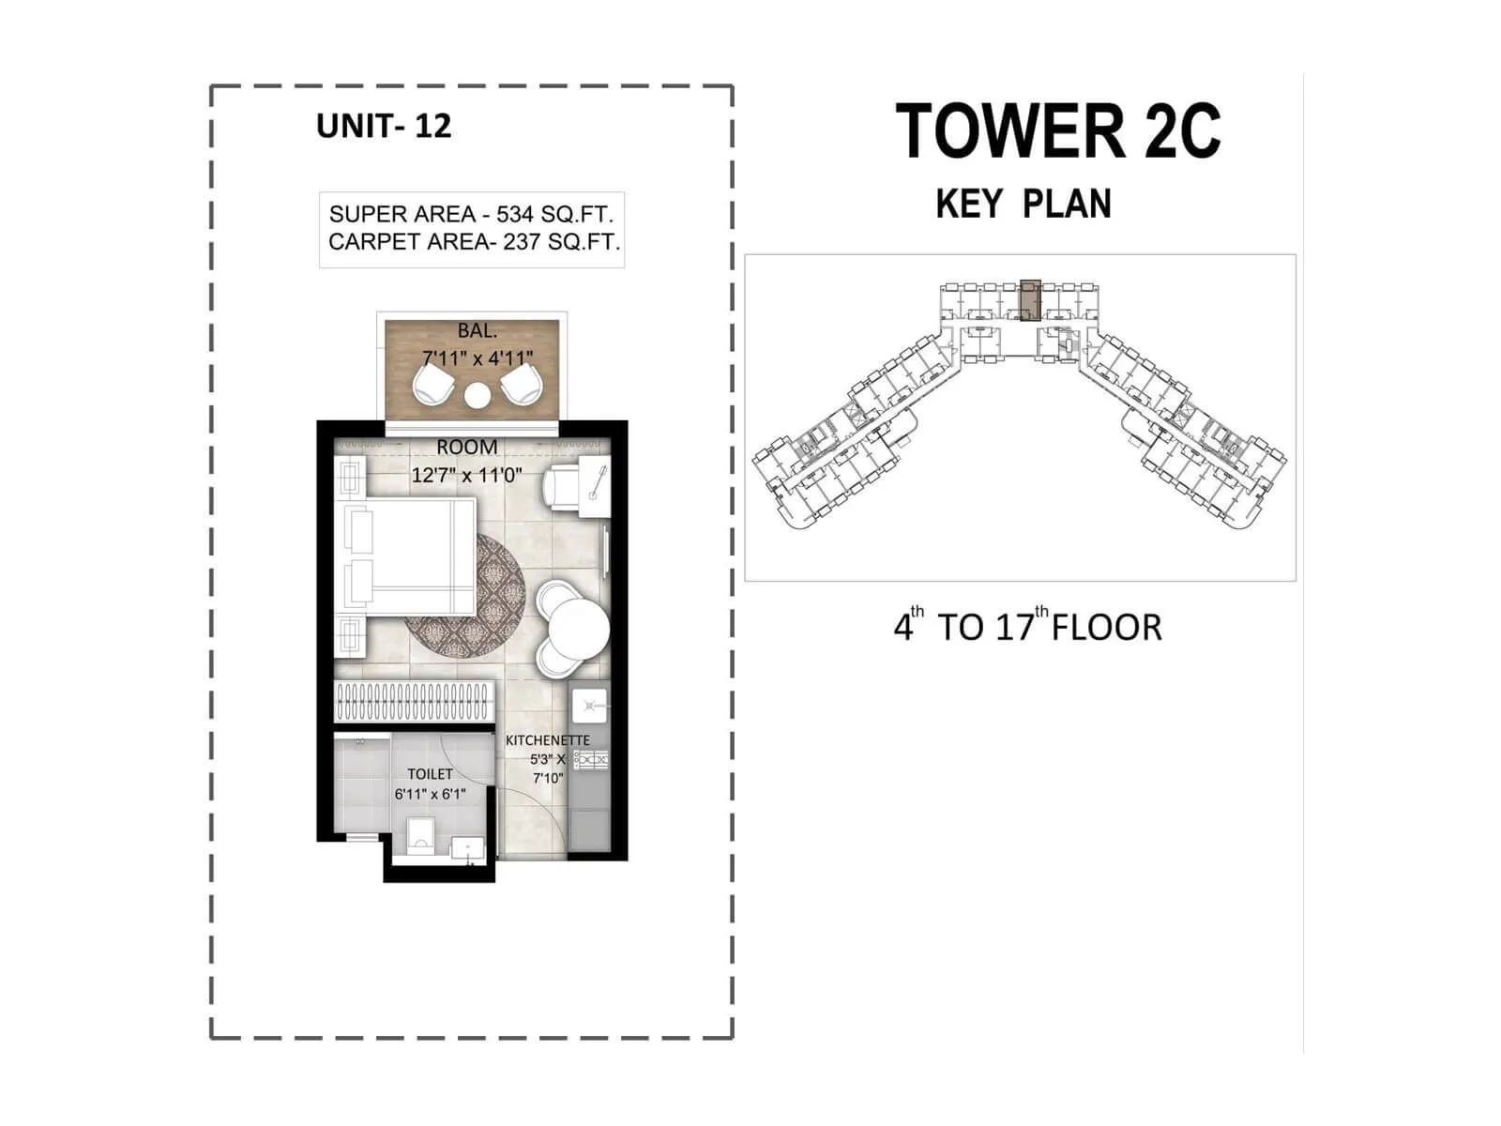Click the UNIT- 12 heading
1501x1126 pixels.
coord(384,126)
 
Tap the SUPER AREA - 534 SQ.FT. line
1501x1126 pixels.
coord(471,214)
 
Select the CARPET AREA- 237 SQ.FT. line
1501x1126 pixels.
coord(474,242)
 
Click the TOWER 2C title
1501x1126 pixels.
coord(1057,131)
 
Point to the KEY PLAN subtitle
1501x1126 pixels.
coord(1023,205)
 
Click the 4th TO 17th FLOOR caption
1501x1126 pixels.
coord(1027,627)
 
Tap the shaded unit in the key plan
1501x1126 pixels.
coord(1030,299)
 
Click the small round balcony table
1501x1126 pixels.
coord(477,395)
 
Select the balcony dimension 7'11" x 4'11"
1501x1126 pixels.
coord(478,358)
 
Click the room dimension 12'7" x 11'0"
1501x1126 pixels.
coord(466,475)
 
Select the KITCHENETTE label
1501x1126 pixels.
coord(548,740)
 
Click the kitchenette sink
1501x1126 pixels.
coord(590,705)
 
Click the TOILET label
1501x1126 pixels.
coord(430,774)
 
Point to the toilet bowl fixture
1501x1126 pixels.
coord(420,833)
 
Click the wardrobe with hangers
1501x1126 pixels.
coord(413,701)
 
